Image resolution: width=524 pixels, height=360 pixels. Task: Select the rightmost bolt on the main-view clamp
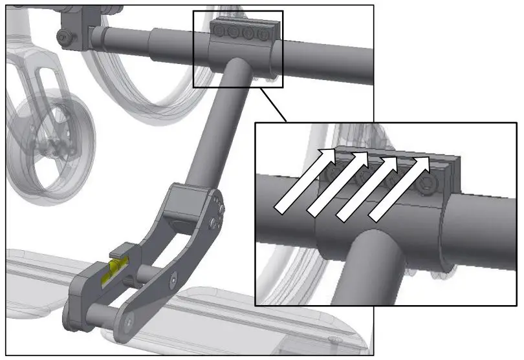263,34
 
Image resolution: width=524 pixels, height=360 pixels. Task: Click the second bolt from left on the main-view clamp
235,32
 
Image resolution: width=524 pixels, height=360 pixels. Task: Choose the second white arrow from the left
337,183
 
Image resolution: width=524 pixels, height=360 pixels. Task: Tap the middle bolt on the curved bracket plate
173,279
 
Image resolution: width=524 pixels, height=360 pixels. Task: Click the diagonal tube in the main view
217,129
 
